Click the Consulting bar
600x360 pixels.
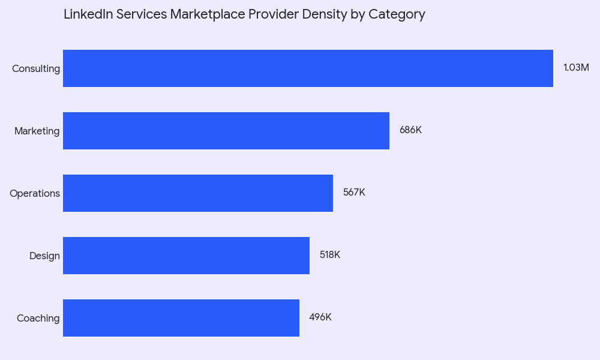(308, 68)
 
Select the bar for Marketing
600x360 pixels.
(226, 131)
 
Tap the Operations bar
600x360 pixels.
(198, 193)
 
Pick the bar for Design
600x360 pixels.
(186, 256)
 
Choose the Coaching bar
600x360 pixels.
(181, 318)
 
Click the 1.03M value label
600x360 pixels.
(576, 68)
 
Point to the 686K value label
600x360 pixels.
(410, 130)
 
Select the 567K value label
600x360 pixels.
(354, 193)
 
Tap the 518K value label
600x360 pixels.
(330, 255)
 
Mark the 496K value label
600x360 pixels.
(320, 317)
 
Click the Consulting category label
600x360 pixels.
(36, 69)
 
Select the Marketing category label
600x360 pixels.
(37, 131)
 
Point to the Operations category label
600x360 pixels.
(35, 194)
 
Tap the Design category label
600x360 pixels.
(44, 256)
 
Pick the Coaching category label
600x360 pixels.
(38, 319)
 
